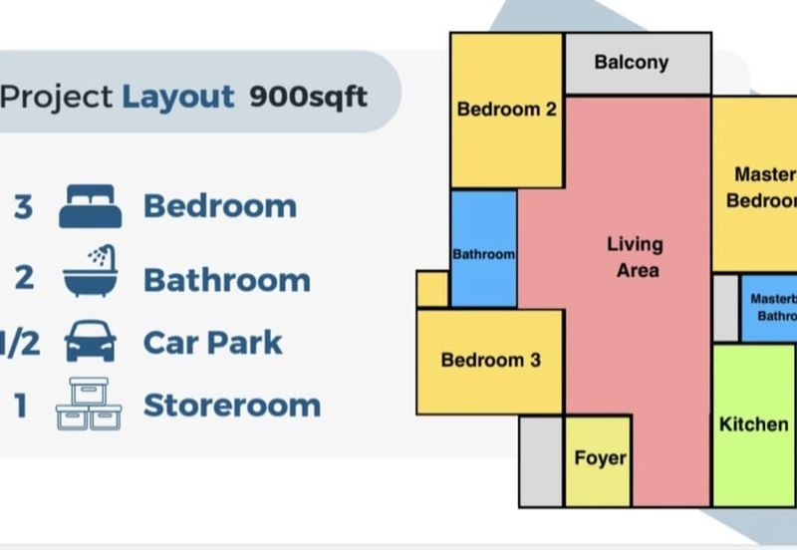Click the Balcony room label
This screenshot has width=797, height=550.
[632, 63]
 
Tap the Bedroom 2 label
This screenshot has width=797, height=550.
[506, 110]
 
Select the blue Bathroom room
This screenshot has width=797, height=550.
[484, 249]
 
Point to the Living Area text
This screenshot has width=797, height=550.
[635, 256]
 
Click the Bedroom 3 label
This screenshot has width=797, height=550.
[490, 360]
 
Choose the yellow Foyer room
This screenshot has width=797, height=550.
[600, 458]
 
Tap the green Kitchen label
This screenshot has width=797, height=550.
[753, 424]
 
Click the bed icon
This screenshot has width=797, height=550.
[90, 206]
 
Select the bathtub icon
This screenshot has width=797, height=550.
[90, 273]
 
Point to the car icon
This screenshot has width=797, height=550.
[90, 342]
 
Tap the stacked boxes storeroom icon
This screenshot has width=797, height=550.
[90, 405]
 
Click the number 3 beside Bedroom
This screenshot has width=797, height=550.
[23, 207]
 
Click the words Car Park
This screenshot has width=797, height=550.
[212, 343]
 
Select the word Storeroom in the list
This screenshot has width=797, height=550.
[231, 406]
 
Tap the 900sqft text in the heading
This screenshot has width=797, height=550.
[309, 97]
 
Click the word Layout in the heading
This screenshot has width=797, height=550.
[178, 97]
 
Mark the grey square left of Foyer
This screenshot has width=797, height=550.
[541, 460]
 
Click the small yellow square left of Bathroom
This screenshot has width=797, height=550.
[432, 289]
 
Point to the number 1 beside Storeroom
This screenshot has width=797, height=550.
[20, 406]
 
